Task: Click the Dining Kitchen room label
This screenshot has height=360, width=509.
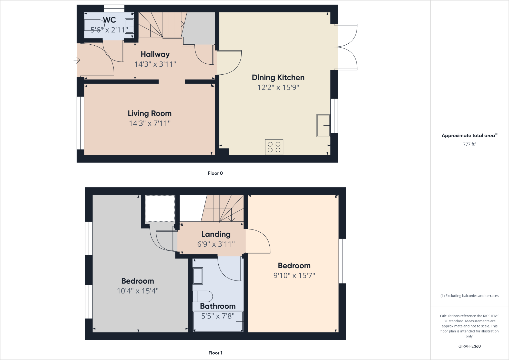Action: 278,77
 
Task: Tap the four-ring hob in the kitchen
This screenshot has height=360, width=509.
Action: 274,147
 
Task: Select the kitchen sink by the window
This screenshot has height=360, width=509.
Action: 323,125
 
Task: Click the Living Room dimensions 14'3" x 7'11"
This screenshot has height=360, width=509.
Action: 150,123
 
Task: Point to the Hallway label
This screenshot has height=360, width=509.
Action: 155,54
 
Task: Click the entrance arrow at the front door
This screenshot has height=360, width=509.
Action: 77,60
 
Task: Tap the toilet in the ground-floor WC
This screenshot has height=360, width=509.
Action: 95,25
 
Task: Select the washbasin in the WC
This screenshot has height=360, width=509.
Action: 129,26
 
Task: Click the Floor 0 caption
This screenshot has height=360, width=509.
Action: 215,173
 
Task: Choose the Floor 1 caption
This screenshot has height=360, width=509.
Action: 215,353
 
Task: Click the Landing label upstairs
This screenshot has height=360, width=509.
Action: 216,234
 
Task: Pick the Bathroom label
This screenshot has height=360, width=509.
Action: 218,306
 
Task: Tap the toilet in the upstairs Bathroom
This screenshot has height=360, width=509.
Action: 203,296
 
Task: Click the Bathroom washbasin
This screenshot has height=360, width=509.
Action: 198,276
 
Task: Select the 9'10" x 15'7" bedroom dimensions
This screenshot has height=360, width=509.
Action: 294,276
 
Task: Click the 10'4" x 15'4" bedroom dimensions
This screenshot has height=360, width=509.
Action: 138,291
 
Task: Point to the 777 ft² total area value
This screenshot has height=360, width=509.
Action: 469,144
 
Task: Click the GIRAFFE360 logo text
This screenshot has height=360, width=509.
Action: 469,346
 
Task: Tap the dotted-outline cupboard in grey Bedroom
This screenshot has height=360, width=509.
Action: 160,208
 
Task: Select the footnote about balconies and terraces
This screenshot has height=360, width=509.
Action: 469,296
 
